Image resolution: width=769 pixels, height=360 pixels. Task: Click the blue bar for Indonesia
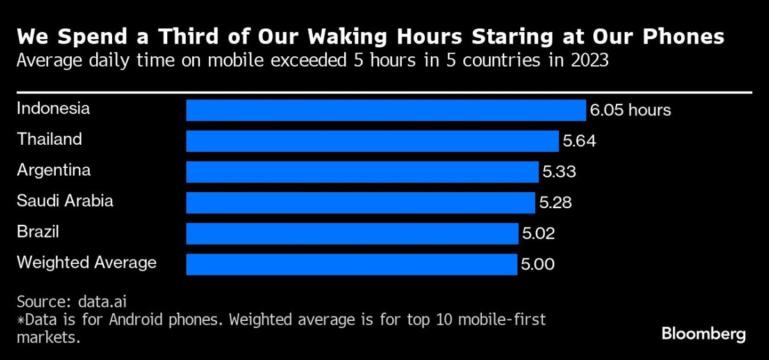point(386,110)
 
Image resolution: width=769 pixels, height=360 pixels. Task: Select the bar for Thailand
point(372,141)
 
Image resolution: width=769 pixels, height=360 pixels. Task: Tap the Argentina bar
point(362,172)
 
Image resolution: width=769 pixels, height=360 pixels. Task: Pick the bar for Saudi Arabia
point(360,202)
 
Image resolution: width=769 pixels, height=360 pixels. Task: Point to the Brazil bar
point(352,233)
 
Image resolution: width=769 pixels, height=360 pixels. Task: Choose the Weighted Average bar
point(351,264)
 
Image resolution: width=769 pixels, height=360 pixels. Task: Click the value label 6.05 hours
point(630,110)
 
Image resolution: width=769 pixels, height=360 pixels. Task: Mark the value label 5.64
point(579,141)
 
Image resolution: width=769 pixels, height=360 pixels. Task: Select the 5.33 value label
point(559,172)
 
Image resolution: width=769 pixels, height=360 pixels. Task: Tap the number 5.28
point(555,202)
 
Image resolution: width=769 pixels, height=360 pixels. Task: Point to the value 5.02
point(538,233)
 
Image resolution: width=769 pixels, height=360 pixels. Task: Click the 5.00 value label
point(538,264)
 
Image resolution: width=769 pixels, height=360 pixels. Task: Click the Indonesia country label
point(53,108)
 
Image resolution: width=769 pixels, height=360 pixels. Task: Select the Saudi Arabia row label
point(65,200)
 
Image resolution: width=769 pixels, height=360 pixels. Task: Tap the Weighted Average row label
point(87,262)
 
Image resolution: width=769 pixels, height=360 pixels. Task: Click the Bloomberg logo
point(704,334)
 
